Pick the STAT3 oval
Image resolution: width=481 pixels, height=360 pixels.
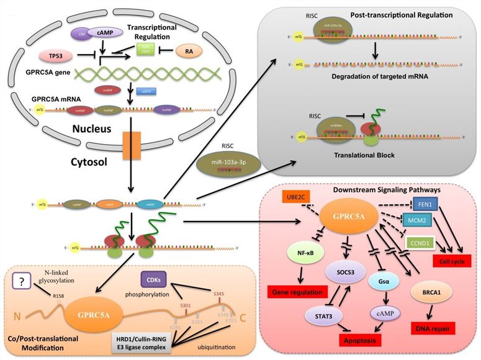pos(308,315)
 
